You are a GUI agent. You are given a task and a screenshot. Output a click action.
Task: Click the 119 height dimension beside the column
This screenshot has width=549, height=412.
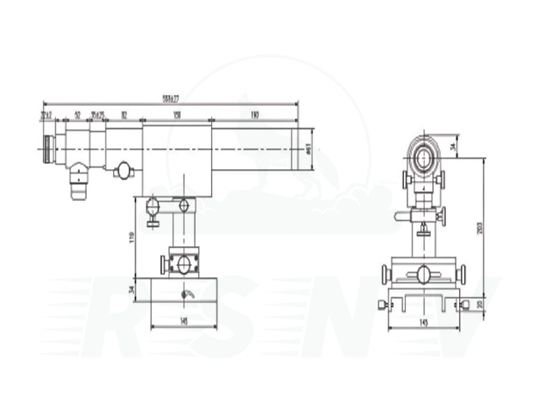[131, 236]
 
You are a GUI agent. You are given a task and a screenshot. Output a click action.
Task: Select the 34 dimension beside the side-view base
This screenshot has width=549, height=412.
[131, 290]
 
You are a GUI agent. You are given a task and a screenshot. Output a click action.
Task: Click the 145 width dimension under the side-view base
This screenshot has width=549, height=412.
[184, 321]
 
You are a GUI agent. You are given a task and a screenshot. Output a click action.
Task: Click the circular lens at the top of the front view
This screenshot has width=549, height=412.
[424, 156]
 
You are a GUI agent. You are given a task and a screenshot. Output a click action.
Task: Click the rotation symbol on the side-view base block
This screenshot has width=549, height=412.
[190, 294]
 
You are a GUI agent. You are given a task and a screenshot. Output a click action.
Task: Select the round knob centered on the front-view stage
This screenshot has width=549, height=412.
[424, 275]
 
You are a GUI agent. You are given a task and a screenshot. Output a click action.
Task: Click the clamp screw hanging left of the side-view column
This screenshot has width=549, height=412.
[153, 211]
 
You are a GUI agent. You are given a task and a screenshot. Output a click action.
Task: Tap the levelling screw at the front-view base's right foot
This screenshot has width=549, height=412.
[464, 304]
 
